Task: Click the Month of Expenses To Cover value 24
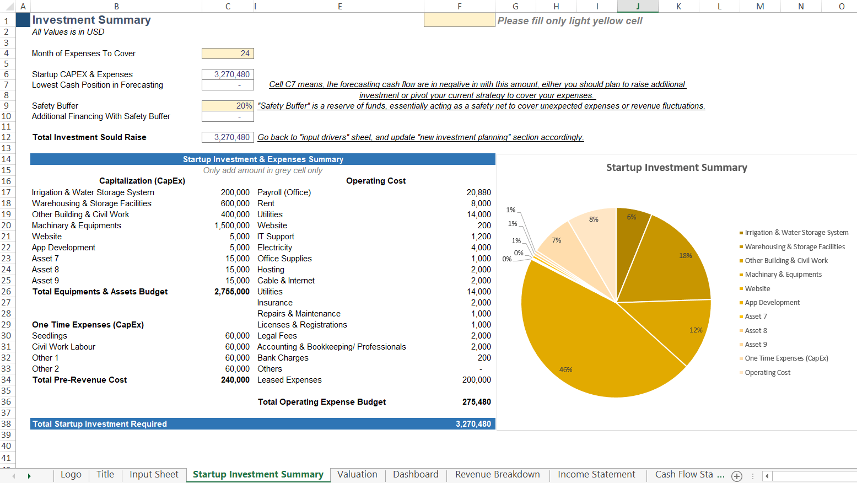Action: (228, 53)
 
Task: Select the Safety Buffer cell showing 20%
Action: (228, 106)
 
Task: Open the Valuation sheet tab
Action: (357, 475)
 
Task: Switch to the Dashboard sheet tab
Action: (416, 475)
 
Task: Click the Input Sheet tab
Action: (154, 475)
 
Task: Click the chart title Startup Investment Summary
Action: (676, 168)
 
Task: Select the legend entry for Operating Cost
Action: (767, 373)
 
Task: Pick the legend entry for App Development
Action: (772, 303)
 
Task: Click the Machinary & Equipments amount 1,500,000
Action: (232, 226)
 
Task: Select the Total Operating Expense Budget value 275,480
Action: (476, 402)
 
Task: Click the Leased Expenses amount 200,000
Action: (476, 380)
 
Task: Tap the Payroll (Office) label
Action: (284, 192)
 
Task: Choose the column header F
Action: (459, 6)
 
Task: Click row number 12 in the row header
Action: (7, 137)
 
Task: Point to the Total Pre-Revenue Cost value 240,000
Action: (235, 380)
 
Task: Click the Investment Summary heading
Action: (91, 20)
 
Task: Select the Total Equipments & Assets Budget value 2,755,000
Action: (232, 292)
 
